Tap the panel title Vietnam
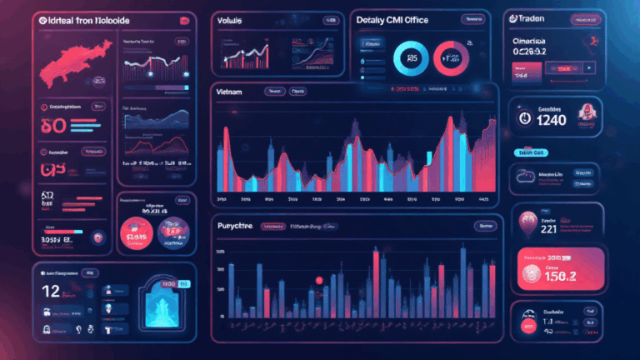pos(228,92)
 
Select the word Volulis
pos(236,19)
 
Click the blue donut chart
pos(410,57)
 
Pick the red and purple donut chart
pos(454,57)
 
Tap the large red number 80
pos(48,127)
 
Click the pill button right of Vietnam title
pos(272,92)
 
